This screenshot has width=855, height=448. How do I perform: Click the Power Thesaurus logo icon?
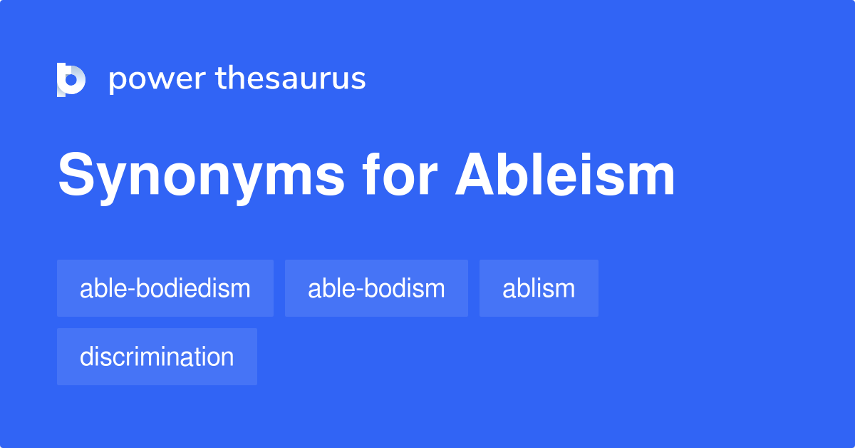coord(71,79)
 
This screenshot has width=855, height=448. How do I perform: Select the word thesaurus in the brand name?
coord(291,79)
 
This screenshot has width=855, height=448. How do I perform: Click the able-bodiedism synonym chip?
coord(165,288)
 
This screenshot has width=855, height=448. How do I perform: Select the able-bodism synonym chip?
coord(376,288)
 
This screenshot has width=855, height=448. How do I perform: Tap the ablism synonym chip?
coord(539,288)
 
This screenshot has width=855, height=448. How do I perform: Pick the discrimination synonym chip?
coord(157,357)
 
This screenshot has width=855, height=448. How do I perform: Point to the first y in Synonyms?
coord(110,181)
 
